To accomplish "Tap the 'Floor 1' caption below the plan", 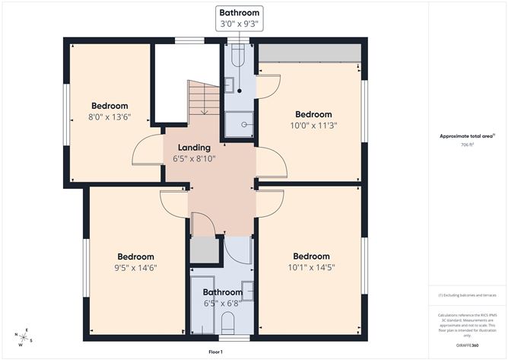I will [x=215, y=352].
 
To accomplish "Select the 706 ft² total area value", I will [x=467, y=144].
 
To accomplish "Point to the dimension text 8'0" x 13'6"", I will [x=110, y=117].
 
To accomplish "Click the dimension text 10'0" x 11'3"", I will [x=314, y=126].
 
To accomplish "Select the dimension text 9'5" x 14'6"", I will [x=135, y=268].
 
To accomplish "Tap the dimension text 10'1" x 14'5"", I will [x=312, y=267].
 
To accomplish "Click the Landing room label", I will [x=194, y=148].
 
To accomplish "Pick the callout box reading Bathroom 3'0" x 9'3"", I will [x=240, y=18].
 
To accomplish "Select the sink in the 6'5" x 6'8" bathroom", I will [x=247, y=290].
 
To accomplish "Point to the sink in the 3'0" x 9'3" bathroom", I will [x=229, y=86].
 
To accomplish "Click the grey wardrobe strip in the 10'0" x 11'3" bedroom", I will [x=309, y=53].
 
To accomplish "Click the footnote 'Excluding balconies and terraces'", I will [x=467, y=295].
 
